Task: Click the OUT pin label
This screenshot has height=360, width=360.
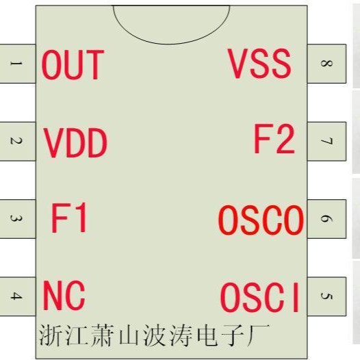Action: tap(72, 65)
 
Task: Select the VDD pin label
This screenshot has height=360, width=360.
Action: tap(76, 144)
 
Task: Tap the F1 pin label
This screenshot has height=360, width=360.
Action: tap(70, 219)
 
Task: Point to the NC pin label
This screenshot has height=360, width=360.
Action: tap(64, 296)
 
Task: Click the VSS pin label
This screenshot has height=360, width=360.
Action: tap(260, 64)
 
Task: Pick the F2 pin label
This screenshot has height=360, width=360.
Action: tap(274, 140)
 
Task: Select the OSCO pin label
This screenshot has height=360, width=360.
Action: tap(260, 220)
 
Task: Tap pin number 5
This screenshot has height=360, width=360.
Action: tap(326, 296)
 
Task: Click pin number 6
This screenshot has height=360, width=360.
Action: tap(326, 219)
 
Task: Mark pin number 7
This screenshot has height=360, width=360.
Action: tap(326, 142)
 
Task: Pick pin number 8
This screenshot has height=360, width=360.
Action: tap(326, 64)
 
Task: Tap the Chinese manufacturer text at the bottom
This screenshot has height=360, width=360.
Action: tap(154, 335)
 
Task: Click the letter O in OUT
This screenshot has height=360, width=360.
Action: tap(52, 65)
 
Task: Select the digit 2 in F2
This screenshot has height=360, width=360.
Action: tap(284, 140)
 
